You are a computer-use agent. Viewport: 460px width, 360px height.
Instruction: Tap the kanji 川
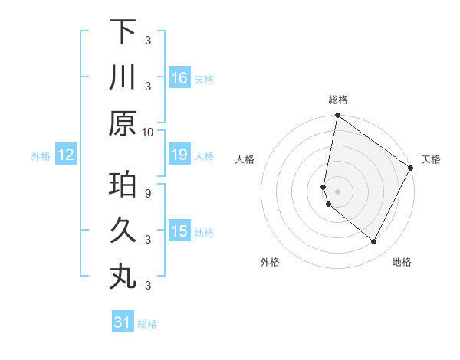(x=123, y=77)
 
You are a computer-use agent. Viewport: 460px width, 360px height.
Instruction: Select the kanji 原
(x=123, y=123)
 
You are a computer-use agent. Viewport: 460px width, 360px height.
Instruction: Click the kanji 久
(x=123, y=231)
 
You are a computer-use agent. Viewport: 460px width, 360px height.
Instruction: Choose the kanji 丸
(x=123, y=277)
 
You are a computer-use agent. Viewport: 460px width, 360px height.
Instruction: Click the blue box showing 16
(x=179, y=77)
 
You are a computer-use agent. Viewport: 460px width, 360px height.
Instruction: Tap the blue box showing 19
(x=179, y=155)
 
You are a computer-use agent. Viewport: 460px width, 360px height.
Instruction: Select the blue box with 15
(x=179, y=231)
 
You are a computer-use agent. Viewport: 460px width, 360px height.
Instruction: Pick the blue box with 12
(x=65, y=155)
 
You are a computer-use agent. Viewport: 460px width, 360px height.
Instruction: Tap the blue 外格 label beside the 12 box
(x=41, y=156)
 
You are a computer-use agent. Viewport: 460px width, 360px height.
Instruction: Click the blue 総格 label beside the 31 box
(x=147, y=324)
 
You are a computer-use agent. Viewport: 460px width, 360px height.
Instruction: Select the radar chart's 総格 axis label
(x=337, y=100)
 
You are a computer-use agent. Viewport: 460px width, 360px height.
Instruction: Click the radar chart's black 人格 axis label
(x=245, y=159)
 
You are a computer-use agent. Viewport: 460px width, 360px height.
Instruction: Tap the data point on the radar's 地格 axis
(x=374, y=242)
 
